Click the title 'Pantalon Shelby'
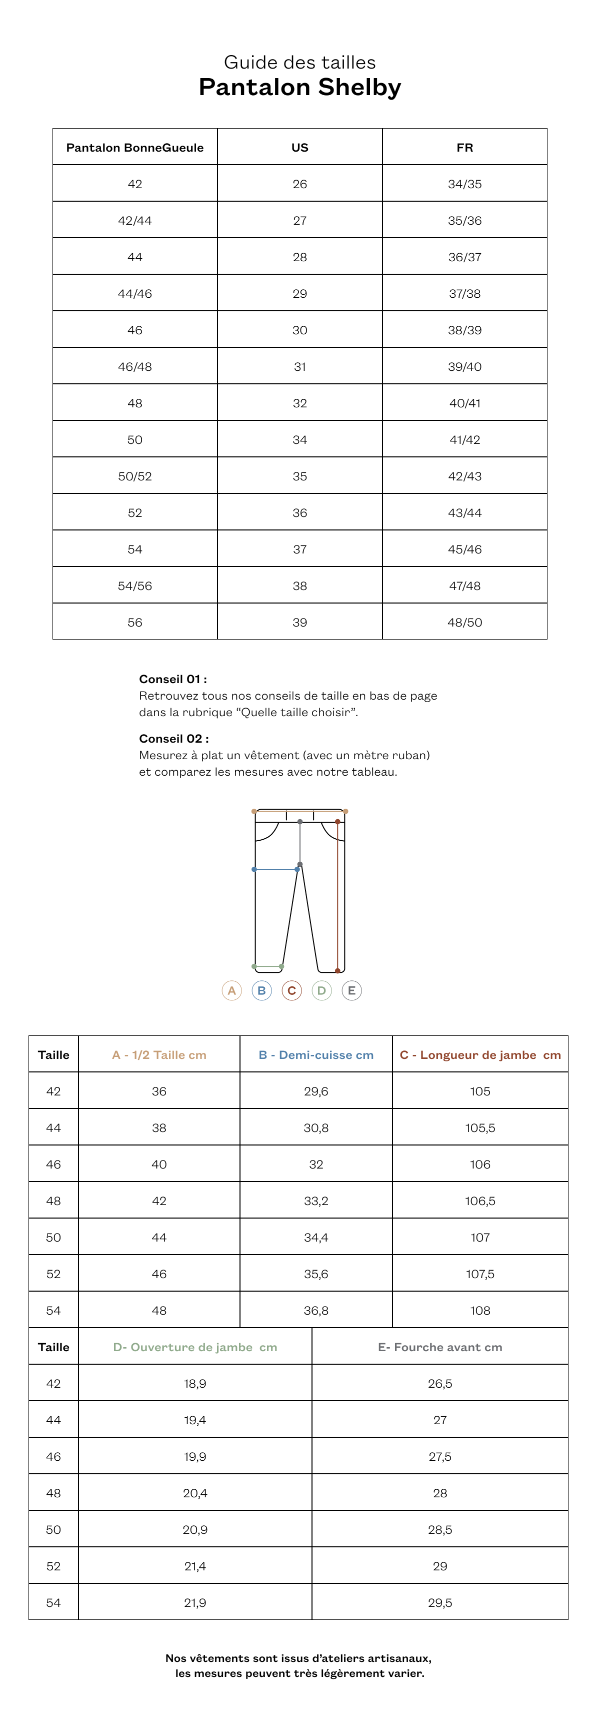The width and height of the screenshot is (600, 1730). pos(300,87)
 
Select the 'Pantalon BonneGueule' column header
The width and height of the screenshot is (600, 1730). pos(135,148)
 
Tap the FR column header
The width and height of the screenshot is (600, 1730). pos(464,148)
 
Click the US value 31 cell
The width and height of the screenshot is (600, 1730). pos(300,367)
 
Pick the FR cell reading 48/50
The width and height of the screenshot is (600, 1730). pos(464,623)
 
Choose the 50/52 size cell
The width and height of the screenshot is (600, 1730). pos(135,476)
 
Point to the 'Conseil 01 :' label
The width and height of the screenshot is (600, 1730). pos(173,679)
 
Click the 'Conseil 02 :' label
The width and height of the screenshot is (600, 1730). pos(174,739)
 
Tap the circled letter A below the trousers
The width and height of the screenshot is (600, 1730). pos(231,990)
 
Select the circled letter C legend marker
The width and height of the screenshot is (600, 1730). pos(291,990)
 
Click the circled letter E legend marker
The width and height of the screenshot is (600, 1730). pos(351,990)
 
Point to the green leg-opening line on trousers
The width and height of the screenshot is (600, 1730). pos(268,966)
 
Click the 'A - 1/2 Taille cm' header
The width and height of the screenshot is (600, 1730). pos(159,1055)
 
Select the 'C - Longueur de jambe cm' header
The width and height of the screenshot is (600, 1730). pos(480,1055)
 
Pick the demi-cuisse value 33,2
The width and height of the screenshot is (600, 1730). pos(316,1201)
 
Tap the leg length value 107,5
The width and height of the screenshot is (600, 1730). pos(480,1274)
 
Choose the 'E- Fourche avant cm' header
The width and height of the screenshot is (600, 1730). pos(439,1347)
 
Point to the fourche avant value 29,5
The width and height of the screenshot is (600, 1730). pos(439,1602)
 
